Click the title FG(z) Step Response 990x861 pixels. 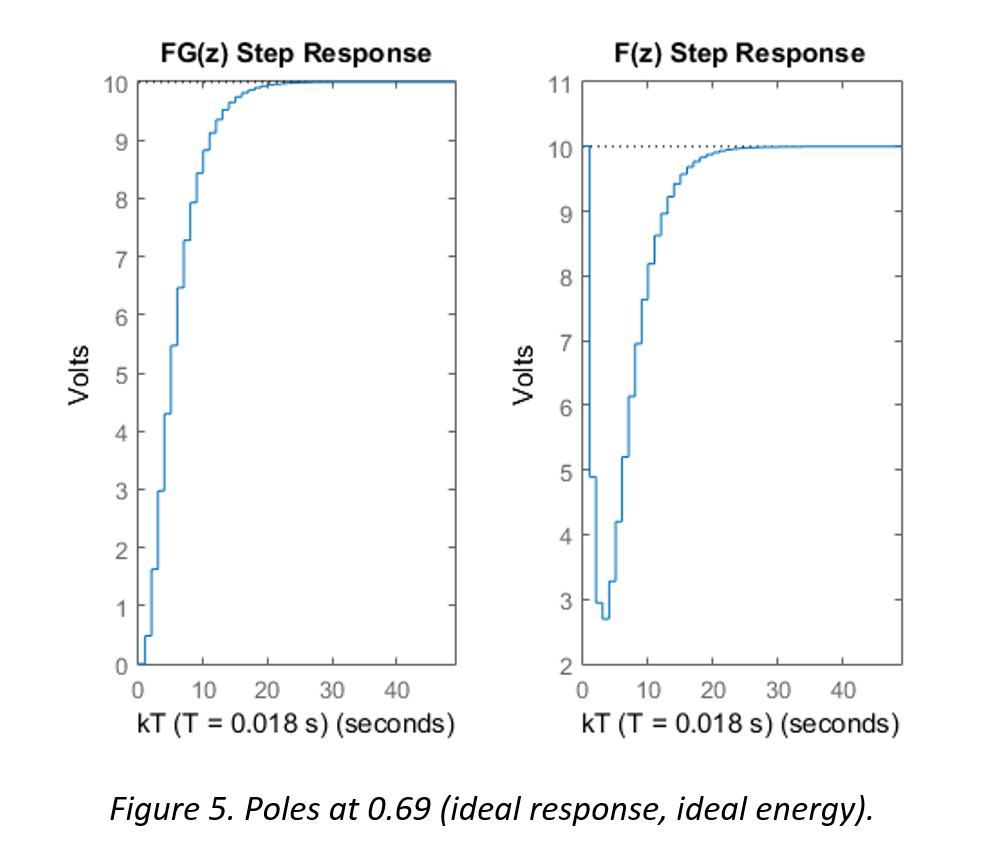coord(296,53)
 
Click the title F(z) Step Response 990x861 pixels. coord(741,53)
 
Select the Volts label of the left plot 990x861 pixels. coord(79,375)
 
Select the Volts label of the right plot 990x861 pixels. coord(523,375)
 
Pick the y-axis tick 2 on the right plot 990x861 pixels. coord(564,665)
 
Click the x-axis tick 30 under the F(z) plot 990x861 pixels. coord(778,690)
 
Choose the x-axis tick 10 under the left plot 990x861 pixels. coord(203,690)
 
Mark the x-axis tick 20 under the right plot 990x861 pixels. coord(713,690)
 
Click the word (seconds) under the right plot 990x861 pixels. coord(838,724)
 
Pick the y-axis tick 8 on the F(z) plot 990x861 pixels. coord(564,277)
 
